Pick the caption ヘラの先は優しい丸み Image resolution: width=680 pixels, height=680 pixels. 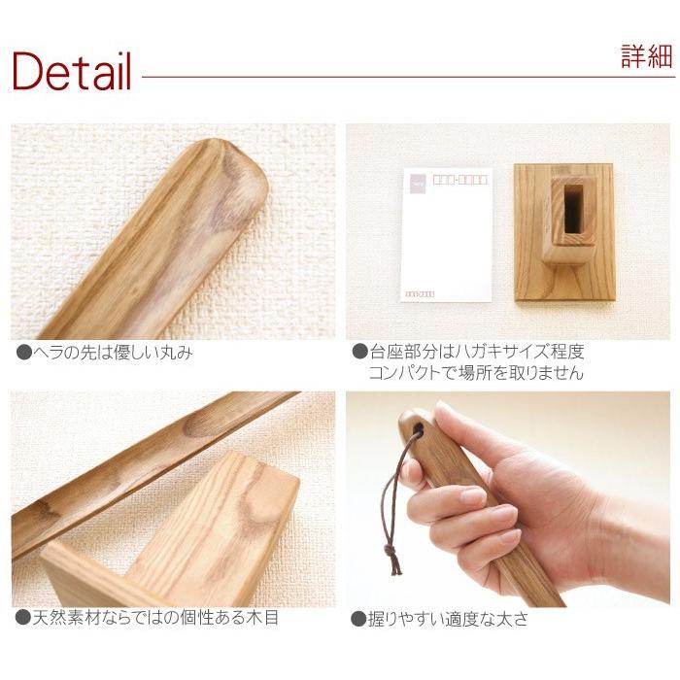pos(112,353)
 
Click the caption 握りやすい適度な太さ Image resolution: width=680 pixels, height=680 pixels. pos(448,618)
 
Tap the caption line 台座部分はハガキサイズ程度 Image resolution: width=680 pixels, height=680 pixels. pos(476,352)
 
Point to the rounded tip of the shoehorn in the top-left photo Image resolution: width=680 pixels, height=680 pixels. pos(255,180)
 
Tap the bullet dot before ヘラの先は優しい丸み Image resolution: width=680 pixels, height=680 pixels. pos(23,353)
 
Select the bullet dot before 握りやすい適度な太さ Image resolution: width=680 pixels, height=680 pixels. pos(358,618)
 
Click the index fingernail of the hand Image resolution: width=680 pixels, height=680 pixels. pos(473,496)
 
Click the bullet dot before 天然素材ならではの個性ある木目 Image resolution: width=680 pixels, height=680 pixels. pos(23,618)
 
